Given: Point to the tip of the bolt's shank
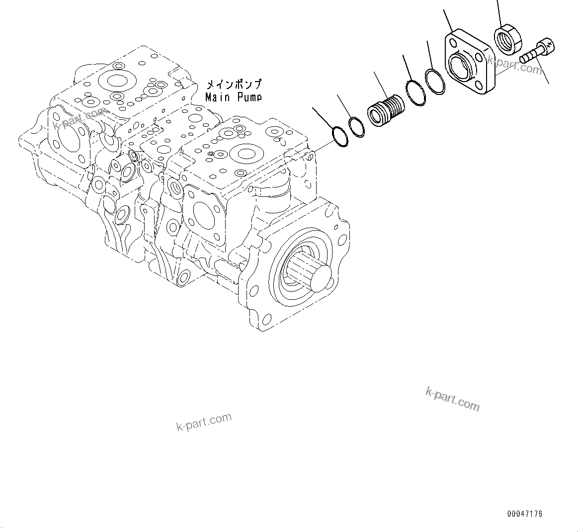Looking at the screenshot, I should point(524,59).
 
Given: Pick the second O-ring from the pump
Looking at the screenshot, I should point(357,126).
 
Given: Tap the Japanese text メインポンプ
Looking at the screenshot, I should point(233,85).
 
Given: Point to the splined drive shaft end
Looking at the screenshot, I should point(318,276).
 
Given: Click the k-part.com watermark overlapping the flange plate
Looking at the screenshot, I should point(514,64).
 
